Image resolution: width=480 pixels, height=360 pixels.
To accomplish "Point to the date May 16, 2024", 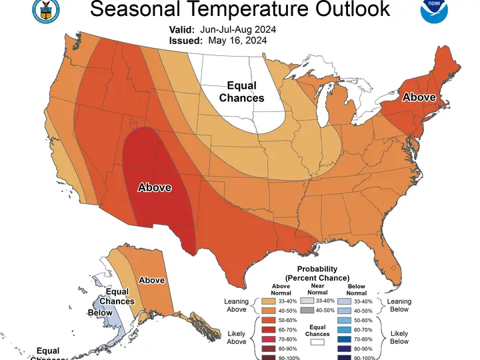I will click(x=237, y=40).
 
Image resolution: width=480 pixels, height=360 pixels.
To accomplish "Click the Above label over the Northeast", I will click(x=419, y=97).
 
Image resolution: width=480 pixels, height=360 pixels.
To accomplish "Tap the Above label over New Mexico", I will click(x=155, y=188).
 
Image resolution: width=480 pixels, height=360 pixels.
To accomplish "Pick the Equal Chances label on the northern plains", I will click(x=241, y=92).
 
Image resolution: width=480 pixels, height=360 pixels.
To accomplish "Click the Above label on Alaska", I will click(x=151, y=281).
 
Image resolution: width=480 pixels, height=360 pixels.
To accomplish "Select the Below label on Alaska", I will click(x=100, y=313).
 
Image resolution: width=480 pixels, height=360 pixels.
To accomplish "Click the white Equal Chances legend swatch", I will click(x=317, y=342).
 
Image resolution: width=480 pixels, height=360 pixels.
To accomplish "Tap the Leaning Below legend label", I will click(x=399, y=305).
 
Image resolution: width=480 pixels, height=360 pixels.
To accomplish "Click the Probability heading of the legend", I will click(x=317, y=269).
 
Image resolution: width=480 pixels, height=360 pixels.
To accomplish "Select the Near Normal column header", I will click(x=317, y=289).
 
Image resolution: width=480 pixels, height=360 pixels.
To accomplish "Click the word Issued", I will click(x=183, y=40).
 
